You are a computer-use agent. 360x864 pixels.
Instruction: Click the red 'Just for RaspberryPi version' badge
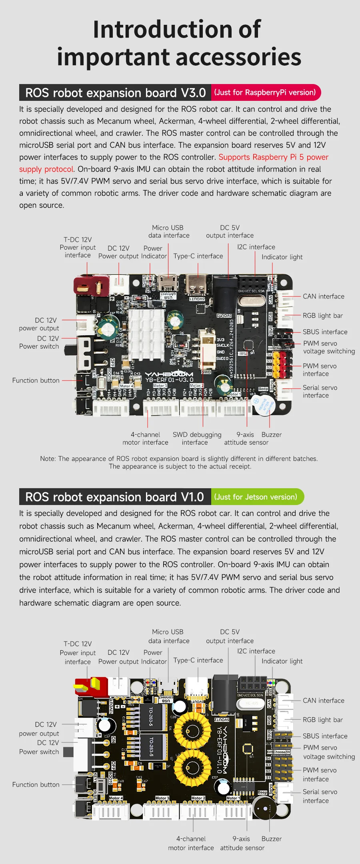coord(265,92)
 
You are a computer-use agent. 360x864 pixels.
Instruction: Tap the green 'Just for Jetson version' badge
coord(256,497)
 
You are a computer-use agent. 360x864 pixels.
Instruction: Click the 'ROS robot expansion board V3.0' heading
coord(115,93)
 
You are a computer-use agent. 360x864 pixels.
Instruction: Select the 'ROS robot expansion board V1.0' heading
coord(114,497)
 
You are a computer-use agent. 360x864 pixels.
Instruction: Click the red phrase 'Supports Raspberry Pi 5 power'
coord(273,157)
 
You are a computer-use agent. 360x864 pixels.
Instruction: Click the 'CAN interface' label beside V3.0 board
coord(323,297)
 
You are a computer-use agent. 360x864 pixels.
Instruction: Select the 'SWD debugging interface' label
coord(197,439)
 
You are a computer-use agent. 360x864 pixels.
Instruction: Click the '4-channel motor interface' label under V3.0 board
coord(145,439)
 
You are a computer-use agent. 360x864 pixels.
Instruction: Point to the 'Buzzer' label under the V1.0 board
coord(271,839)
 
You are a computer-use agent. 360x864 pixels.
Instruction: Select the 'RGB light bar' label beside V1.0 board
coord(322,720)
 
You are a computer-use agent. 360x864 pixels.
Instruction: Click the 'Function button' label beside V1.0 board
coord(36,785)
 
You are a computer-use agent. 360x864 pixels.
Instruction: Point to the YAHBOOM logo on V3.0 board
coord(169,375)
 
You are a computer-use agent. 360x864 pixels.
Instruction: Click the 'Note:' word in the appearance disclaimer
coord(48,459)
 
